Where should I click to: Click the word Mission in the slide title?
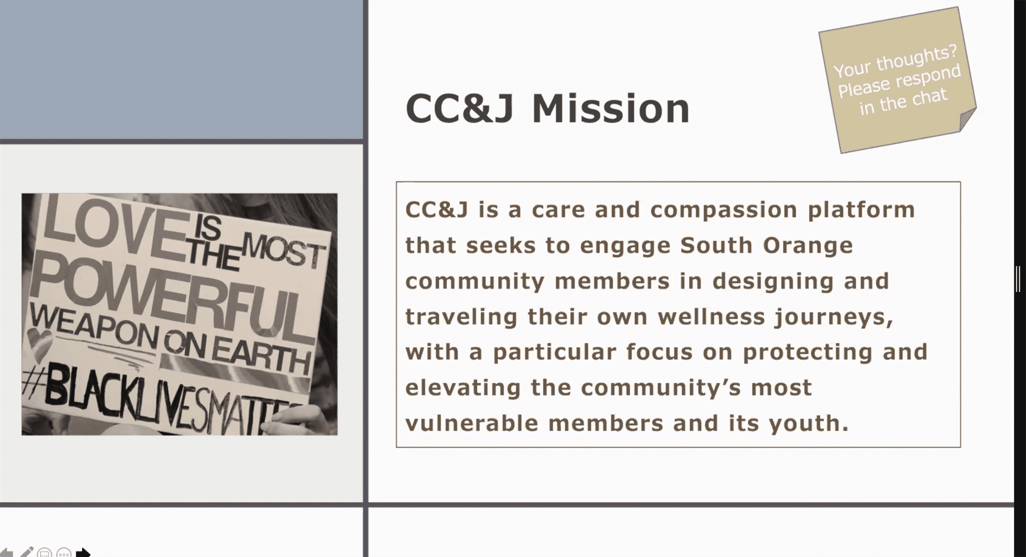(610, 109)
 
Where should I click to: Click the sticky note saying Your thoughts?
(897, 80)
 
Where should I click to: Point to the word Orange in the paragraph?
(807, 246)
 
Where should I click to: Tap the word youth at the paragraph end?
(808, 423)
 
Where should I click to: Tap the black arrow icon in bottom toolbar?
(83, 552)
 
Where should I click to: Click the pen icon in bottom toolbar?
(27, 552)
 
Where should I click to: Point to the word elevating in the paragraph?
(463, 388)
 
